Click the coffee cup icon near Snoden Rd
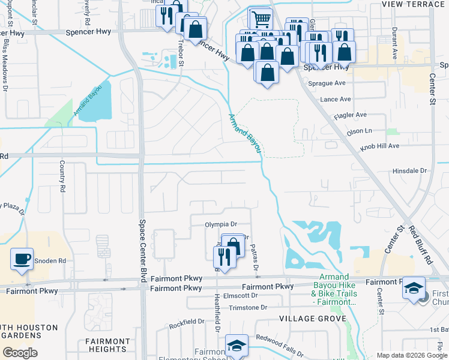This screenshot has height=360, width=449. (22, 259)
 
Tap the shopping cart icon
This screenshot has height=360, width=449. (260, 19)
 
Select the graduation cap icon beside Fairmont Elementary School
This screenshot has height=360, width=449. (237, 346)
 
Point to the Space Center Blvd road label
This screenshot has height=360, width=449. (143, 242)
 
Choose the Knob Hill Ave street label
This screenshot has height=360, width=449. (379, 146)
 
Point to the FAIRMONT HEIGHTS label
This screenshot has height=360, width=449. (107, 345)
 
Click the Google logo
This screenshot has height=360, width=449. (20, 353)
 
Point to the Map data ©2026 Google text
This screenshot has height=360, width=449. (411, 355)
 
